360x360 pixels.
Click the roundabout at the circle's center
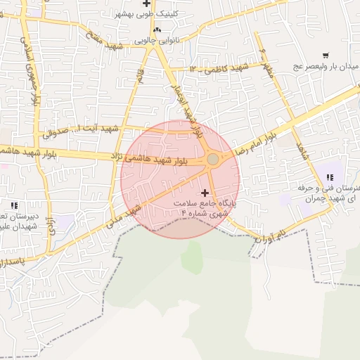[x=212, y=160]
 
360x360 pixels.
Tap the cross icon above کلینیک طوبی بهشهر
[x=146, y=4]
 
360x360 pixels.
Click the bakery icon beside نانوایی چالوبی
[x=157, y=30]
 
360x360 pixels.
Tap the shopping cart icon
[x=325, y=56]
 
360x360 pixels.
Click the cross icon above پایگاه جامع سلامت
[x=205, y=192]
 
